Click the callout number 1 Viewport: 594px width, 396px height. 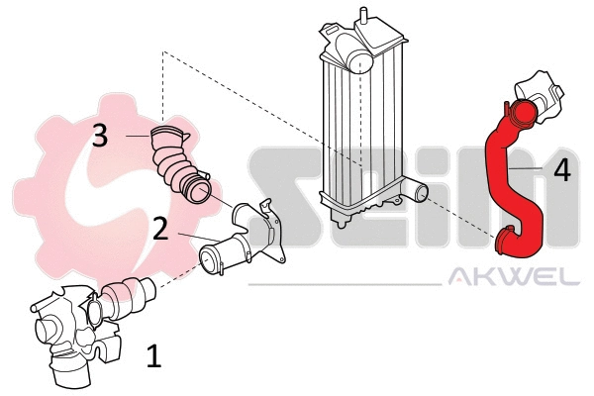click(152, 355)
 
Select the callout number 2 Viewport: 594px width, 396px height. click(159, 230)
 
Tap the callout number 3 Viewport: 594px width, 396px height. click(99, 136)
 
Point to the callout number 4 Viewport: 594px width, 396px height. click(561, 170)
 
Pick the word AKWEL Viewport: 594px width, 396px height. click(514, 278)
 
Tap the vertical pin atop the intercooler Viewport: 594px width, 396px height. click(363, 15)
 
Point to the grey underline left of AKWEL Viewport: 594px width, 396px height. click(346, 285)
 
